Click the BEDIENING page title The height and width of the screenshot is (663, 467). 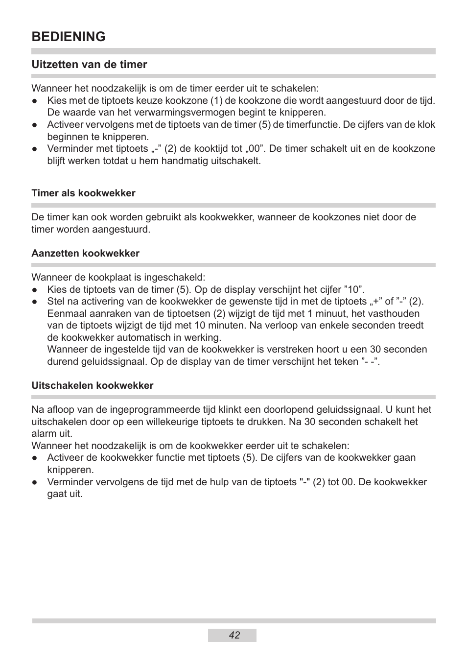tap(69, 37)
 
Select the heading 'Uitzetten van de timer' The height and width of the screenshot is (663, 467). tap(89, 65)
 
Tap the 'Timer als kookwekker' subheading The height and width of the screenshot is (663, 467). tap(83, 193)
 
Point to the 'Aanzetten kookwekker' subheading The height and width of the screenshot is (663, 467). tap(85, 254)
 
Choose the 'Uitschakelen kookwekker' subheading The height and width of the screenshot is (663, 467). tap(92, 386)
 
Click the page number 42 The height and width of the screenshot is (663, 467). tap(234, 635)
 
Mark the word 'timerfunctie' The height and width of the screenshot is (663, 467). tap(311, 125)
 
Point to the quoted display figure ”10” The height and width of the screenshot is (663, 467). tap(354, 290)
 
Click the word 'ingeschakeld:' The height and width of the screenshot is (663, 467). tap(177, 278)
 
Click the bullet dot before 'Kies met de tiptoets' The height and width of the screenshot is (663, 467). tap(35, 101)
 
